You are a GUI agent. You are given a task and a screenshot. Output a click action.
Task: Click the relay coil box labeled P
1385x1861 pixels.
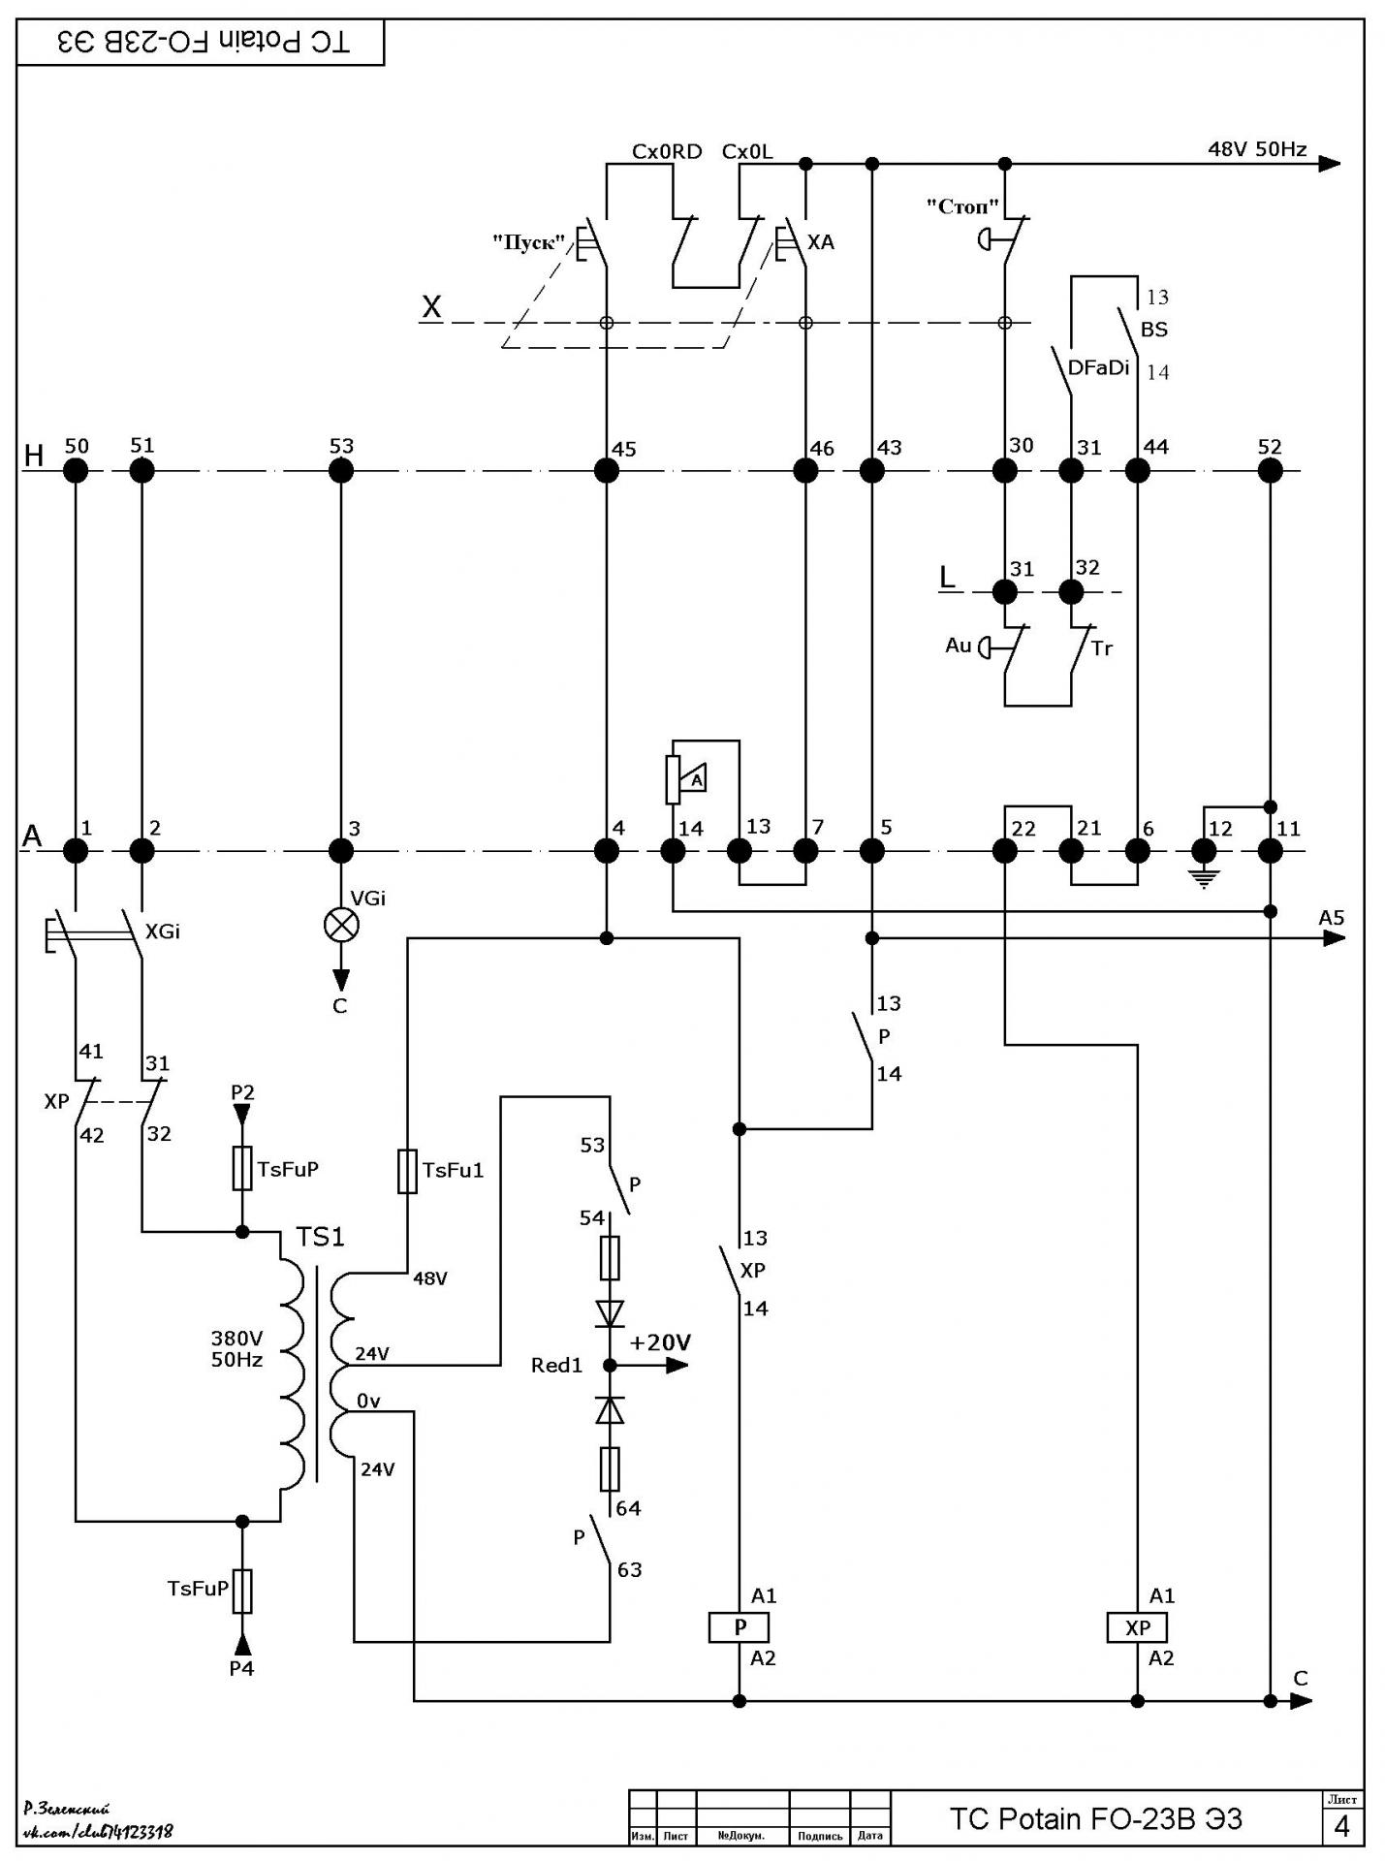pyautogui.click(x=739, y=1627)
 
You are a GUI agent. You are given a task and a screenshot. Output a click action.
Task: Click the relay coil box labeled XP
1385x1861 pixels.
pyautogui.click(x=1137, y=1627)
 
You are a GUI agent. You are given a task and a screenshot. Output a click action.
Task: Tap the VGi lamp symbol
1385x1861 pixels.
pyautogui.click(x=341, y=924)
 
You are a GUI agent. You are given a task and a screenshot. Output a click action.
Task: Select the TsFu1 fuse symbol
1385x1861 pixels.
pyautogui.click(x=408, y=1171)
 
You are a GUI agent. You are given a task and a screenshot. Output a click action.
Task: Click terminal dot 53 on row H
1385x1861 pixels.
pyautogui.click(x=341, y=471)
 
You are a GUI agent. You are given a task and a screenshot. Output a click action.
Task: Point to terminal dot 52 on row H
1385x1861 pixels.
pyautogui.click(x=1270, y=471)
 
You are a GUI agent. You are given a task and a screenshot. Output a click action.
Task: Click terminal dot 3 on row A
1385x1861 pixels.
pyautogui.click(x=341, y=851)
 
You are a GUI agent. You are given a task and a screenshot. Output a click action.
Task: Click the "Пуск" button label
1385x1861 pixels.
pyautogui.click(x=528, y=242)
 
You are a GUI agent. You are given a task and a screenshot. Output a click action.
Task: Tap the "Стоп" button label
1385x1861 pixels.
pyautogui.click(x=962, y=205)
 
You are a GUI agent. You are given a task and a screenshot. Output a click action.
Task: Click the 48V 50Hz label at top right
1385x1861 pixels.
pyautogui.click(x=1257, y=149)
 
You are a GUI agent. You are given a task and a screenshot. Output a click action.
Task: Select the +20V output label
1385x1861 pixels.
pyautogui.click(x=660, y=1342)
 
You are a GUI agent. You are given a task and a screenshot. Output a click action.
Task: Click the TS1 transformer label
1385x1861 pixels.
pyautogui.click(x=321, y=1237)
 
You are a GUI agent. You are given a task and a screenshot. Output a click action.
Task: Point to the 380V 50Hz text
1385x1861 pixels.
pyautogui.click(x=237, y=1348)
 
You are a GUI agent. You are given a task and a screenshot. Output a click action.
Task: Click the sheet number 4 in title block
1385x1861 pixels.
pyautogui.click(x=1342, y=1827)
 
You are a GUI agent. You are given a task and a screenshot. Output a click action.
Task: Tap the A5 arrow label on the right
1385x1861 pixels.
pyautogui.click(x=1332, y=917)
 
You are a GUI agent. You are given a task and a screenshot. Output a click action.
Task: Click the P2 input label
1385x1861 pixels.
pyautogui.click(x=242, y=1092)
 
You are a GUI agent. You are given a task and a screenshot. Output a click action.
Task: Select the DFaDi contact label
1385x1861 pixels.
pyautogui.click(x=1099, y=368)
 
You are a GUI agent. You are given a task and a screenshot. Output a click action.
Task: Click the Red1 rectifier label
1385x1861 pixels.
pyautogui.click(x=557, y=1366)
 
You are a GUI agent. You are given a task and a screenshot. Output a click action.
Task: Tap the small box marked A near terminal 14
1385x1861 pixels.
pyautogui.click(x=695, y=777)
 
